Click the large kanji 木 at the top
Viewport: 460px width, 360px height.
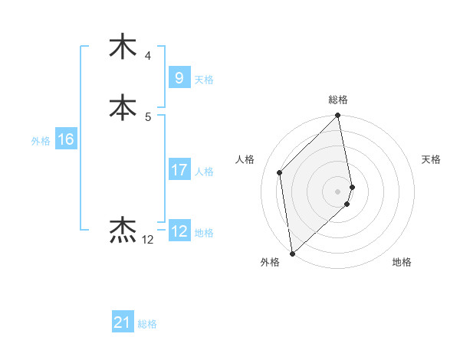[x=123, y=46]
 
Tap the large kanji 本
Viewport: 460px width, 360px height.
[x=123, y=106]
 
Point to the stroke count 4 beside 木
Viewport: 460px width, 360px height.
[x=147, y=56]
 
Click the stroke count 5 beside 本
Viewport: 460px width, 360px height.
[x=147, y=116]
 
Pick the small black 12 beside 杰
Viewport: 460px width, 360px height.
[x=148, y=240]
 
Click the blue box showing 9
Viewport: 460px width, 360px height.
[x=179, y=77]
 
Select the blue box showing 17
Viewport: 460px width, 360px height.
[x=179, y=170]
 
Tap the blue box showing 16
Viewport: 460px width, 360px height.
[x=65, y=139]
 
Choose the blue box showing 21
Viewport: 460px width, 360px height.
[x=122, y=322]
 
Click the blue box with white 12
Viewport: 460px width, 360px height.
[x=179, y=231]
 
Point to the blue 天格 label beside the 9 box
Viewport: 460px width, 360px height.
[x=204, y=79]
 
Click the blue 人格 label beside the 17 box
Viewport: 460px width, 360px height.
[x=204, y=172]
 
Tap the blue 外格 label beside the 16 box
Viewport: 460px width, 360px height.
[x=41, y=141]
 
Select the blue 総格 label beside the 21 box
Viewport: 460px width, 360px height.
[x=147, y=324]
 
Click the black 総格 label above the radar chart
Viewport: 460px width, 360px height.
[x=338, y=100]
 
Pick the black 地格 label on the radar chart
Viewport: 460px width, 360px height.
[x=402, y=263]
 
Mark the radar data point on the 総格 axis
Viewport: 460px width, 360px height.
[x=338, y=116]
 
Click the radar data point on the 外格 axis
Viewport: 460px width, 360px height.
[x=291, y=254]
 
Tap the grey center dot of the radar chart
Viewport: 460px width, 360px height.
[x=338, y=191]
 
